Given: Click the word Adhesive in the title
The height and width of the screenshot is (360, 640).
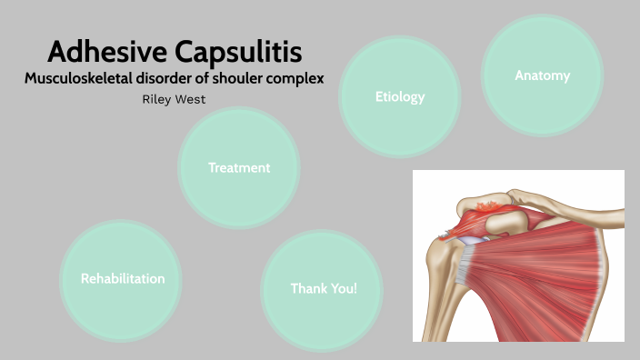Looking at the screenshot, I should tap(99, 52).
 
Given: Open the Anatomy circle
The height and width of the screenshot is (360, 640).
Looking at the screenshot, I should tap(543, 73).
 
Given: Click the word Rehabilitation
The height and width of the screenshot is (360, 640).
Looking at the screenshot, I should tap(123, 278).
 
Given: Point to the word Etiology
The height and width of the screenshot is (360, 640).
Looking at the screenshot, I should tap(400, 96).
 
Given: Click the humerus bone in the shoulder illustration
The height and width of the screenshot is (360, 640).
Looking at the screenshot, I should tap(443, 291).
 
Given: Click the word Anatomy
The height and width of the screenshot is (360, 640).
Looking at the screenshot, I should tap(543, 75).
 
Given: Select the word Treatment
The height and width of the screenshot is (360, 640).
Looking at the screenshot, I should tap(239, 167).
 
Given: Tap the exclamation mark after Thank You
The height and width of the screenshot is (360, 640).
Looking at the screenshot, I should tap(355, 288).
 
